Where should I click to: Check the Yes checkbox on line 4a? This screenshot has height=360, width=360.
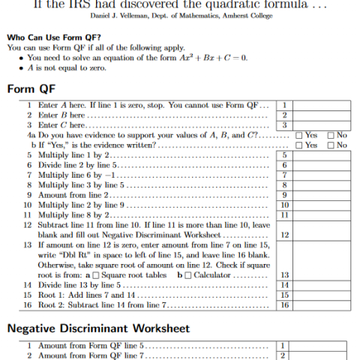[x=300, y=135]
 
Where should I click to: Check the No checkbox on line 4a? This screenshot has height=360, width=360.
[x=331, y=135]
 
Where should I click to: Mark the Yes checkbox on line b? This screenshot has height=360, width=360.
[x=300, y=145]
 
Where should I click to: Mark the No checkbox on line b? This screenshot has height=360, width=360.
[x=331, y=145]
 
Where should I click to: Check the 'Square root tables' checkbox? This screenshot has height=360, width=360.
[x=107, y=275]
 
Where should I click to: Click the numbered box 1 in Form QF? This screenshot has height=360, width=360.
[x=285, y=106]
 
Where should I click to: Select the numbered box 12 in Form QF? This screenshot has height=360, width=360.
[x=285, y=235]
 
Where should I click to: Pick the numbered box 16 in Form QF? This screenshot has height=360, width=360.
[x=285, y=305]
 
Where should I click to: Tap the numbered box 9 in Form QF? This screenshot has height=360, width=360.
[x=285, y=194]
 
